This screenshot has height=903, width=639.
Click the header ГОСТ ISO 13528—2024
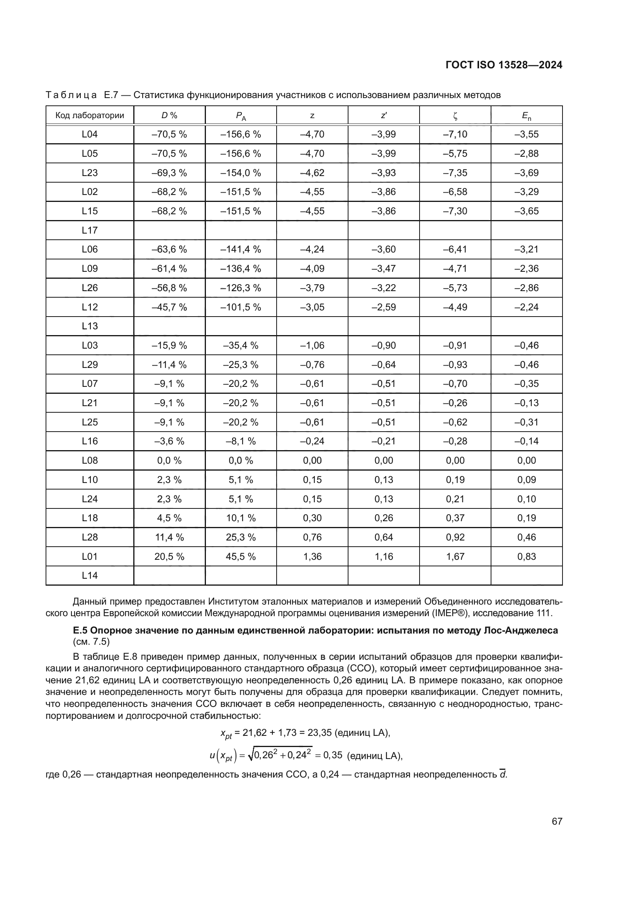(504, 65)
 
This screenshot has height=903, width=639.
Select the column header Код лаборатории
(90, 115)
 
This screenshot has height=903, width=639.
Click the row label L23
(90, 173)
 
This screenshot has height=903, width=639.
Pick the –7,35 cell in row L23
(455, 173)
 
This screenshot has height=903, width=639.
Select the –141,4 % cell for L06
(240, 249)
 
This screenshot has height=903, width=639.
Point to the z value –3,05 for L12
(313, 307)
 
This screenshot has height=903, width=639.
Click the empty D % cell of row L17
(169, 230)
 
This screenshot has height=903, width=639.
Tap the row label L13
(90, 326)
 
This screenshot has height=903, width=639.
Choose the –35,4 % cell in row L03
(240, 345)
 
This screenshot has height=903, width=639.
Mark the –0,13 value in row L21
(527, 403)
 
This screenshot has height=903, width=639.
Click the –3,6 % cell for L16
(169, 441)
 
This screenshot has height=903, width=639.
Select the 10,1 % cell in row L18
(240, 518)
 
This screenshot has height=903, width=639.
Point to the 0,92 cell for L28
(455, 537)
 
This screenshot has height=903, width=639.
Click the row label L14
(90, 575)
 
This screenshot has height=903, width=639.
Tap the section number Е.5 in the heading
(80, 630)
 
